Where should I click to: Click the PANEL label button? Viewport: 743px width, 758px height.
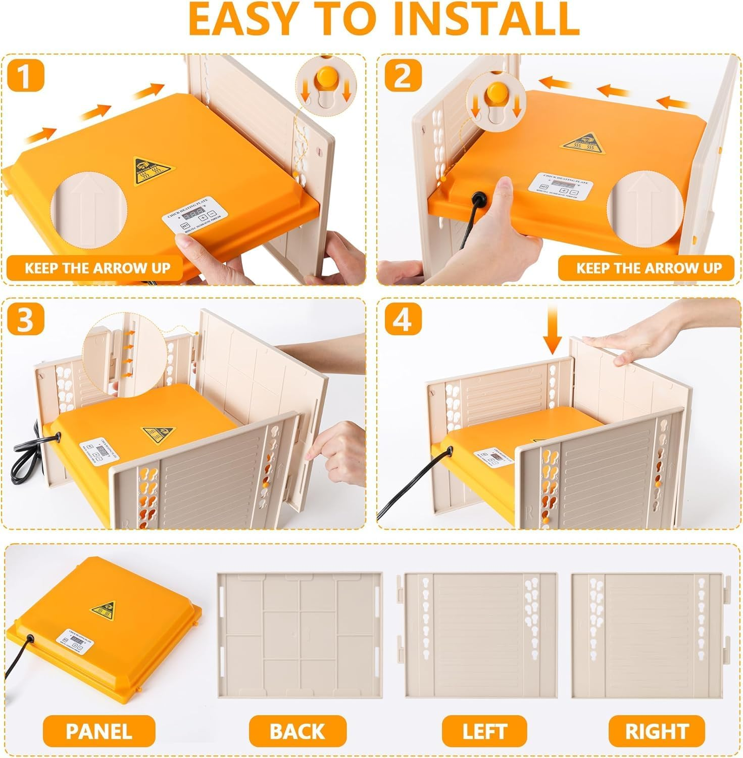click(x=98, y=731)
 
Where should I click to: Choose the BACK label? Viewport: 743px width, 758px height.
click(x=298, y=731)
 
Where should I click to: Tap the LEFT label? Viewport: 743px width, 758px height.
click(x=484, y=731)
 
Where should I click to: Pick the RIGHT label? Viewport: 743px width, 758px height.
click(x=657, y=731)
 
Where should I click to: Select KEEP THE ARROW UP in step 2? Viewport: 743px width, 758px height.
click(x=649, y=268)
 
